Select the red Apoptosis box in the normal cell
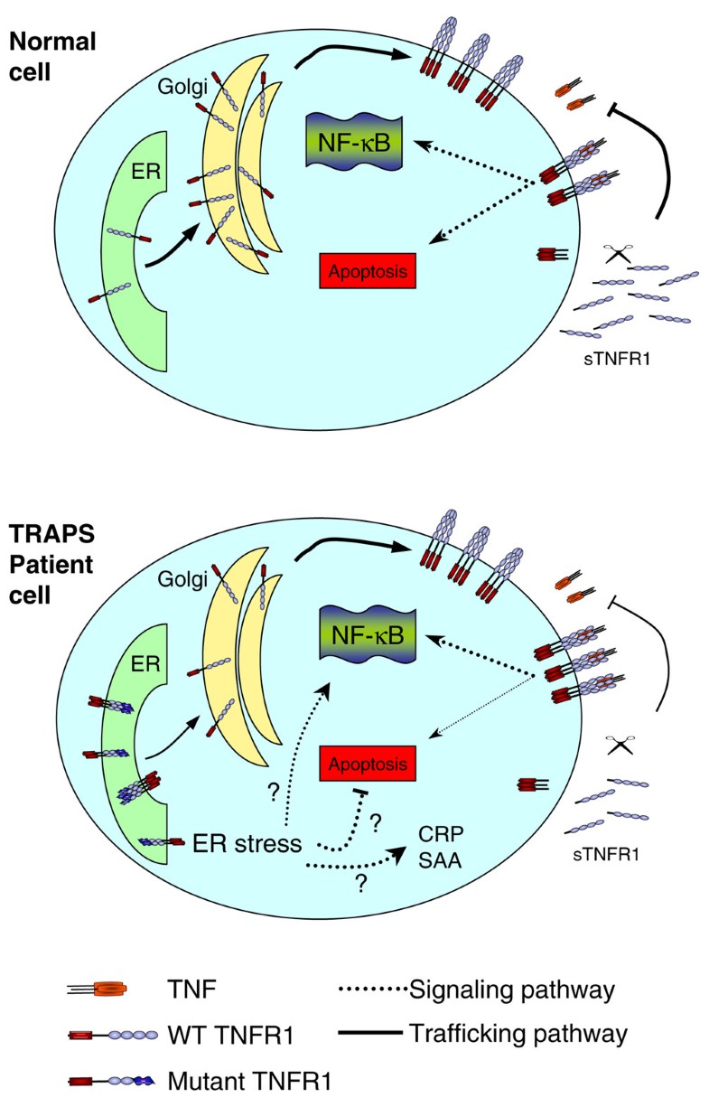click(368, 269)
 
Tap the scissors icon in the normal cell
click(618, 255)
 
